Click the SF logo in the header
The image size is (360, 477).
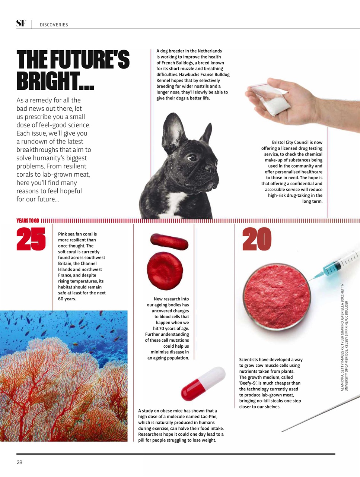click(x=21, y=23)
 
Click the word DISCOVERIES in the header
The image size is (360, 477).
click(x=54, y=25)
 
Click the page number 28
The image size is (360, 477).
click(x=19, y=462)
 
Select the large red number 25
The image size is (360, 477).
click(x=31, y=239)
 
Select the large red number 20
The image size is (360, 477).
click(x=257, y=239)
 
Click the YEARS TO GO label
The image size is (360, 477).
click(x=28, y=221)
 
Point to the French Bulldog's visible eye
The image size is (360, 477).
click(x=191, y=158)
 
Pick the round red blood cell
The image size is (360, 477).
click(x=165, y=271)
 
